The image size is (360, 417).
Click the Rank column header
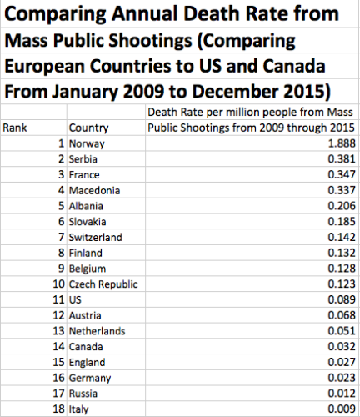(16, 128)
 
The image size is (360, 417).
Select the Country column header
(87, 128)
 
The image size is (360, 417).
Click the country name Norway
(87, 144)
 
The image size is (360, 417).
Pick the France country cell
(85, 175)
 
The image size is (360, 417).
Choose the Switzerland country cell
(96, 237)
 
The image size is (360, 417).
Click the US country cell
(77, 299)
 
